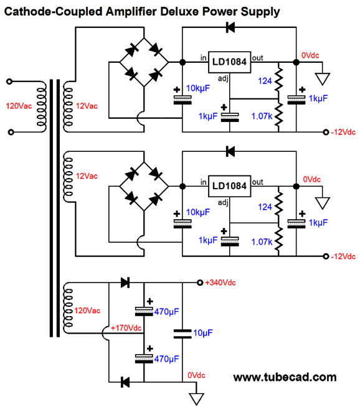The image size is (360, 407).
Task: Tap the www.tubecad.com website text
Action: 285,377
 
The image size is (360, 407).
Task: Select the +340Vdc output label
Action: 220,283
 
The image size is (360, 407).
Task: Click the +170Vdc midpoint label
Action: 126,328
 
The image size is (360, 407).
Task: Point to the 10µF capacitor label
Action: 203,333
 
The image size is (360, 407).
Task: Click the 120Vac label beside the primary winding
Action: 19,106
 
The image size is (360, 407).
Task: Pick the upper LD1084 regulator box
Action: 229,62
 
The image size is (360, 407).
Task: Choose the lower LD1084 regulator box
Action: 229,186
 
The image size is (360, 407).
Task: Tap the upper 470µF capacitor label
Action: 166,312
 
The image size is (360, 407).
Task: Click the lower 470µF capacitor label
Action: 166,358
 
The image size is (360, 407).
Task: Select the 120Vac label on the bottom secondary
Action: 87,311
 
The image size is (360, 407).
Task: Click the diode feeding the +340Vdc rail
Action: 125,283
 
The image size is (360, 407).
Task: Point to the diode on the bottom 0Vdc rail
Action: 125,382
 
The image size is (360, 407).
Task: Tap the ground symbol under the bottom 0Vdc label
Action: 196,399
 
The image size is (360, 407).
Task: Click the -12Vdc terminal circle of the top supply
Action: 326,132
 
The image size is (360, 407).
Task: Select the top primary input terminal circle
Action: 9,82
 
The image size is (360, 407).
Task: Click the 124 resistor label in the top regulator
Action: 265,81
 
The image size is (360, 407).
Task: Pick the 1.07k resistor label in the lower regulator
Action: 262,242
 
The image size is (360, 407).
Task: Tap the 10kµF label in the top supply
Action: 198,88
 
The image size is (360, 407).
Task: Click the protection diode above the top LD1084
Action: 230,27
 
